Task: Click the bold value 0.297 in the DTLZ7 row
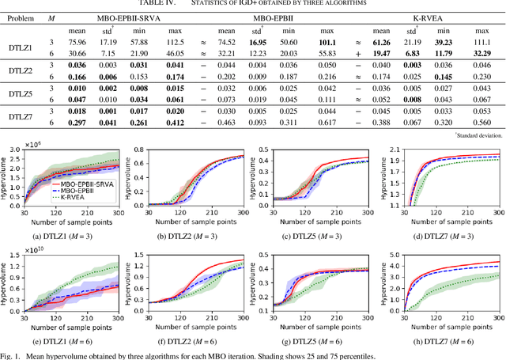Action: tap(76, 124)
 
